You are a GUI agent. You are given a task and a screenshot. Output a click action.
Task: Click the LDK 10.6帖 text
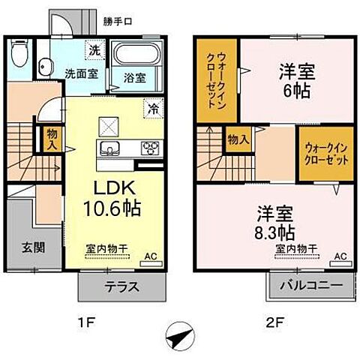(112, 196)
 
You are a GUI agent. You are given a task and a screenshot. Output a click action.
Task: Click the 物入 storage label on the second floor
(238, 140)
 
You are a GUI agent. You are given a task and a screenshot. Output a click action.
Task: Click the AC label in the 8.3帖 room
(340, 256)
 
